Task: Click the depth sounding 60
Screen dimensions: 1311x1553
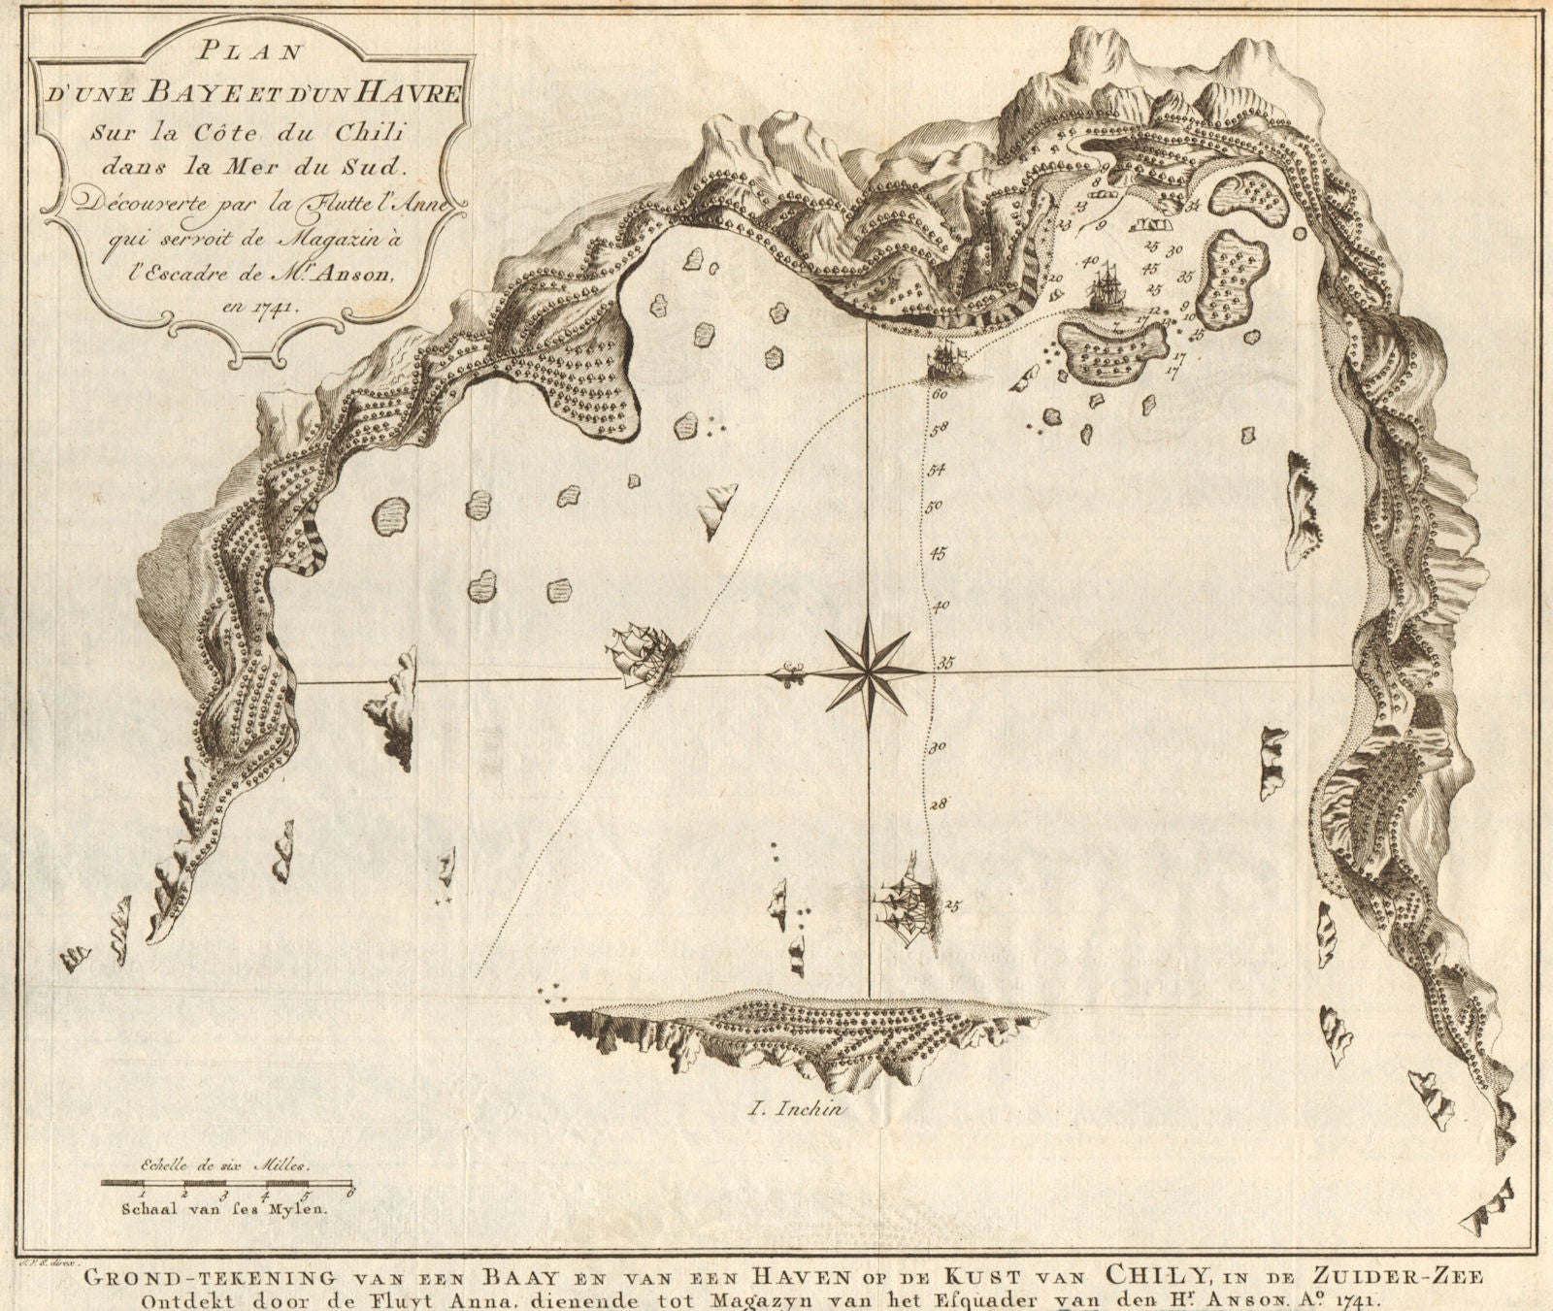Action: coord(939,395)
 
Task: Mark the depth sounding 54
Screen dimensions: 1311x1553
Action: coord(937,471)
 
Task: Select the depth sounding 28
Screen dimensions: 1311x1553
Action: coord(938,803)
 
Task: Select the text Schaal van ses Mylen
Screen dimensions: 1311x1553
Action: coord(225,1209)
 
